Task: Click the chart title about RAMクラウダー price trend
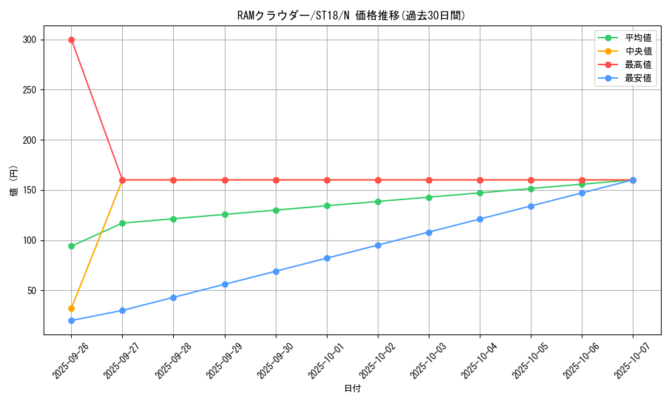351,15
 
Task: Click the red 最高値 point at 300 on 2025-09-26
71,40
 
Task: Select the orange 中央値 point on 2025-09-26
71,308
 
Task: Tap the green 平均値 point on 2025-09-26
71,246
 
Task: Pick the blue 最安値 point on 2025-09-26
71,320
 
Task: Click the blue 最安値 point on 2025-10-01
327,258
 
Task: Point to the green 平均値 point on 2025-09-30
276,210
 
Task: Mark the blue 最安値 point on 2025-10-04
480,219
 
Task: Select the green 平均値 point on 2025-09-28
173,219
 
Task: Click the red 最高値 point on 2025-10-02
378,180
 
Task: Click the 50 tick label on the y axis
30,291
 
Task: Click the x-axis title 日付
352,389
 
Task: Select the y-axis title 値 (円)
13,180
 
